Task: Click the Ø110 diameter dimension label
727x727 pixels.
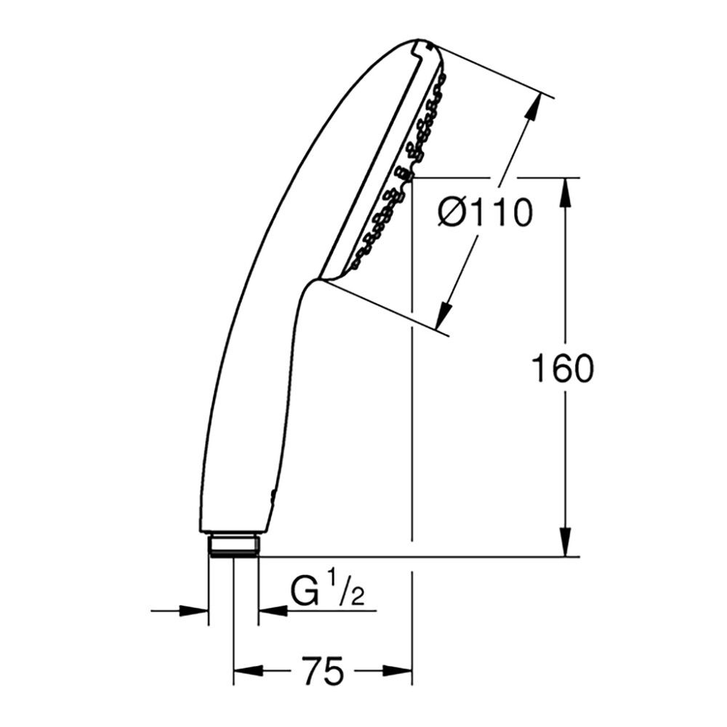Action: pos(486,212)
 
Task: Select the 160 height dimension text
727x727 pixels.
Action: pos(562,369)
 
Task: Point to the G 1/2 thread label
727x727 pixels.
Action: pos(327,593)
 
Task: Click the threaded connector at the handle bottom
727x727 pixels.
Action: pos(233,545)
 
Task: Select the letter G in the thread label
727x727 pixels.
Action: pos(306,593)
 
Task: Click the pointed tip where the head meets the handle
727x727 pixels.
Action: pos(317,280)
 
